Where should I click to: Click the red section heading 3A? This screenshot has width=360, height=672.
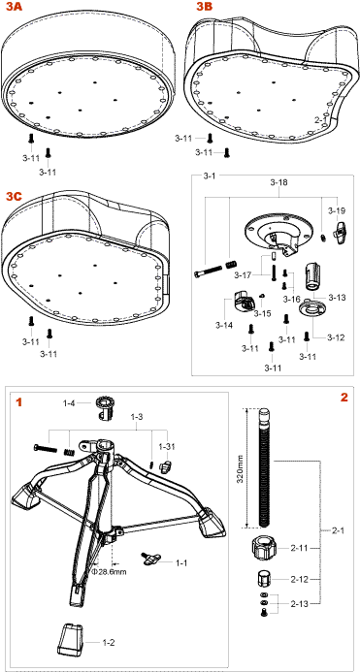point(10,8)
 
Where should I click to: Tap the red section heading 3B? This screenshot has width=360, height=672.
point(204,7)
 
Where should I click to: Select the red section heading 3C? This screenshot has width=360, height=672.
point(15,197)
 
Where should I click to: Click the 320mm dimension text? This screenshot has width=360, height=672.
point(242,468)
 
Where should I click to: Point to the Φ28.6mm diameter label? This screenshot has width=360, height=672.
point(109,572)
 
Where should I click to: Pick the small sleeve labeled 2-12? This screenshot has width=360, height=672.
point(264,579)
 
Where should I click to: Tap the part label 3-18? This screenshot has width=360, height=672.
point(279,182)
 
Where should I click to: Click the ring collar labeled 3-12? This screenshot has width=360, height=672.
point(312,308)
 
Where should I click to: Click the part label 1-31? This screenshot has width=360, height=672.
point(167,446)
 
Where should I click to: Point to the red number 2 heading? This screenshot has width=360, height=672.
point(344,398)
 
